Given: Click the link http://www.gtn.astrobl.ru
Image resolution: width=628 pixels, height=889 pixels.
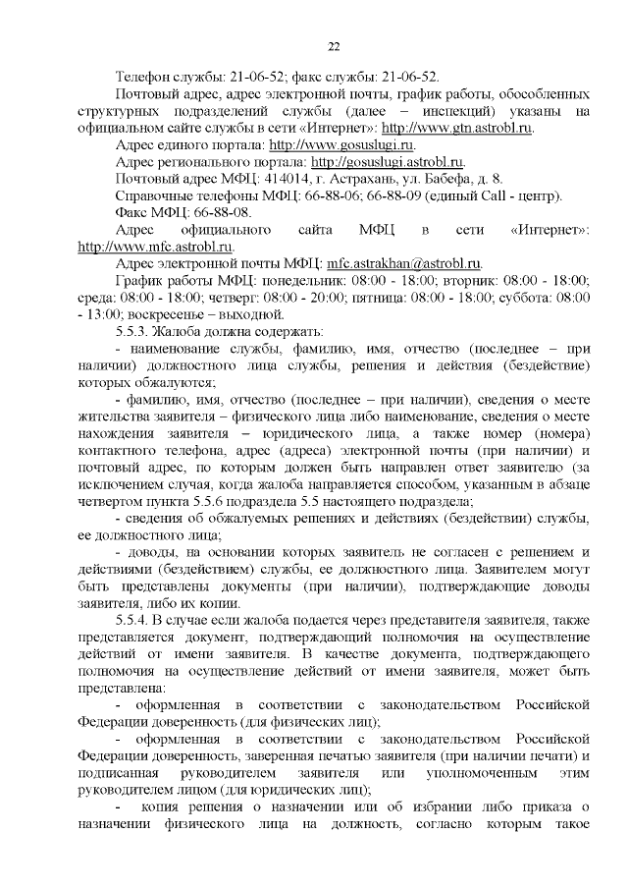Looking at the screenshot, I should click(462, 128).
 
